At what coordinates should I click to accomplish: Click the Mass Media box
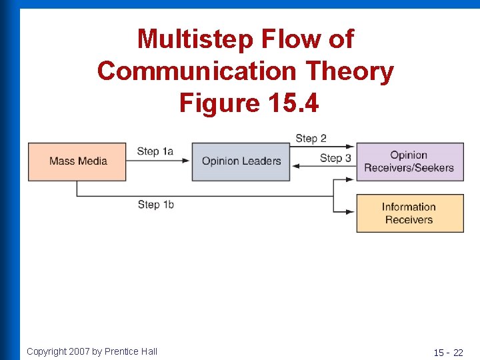click(x=77, y=161)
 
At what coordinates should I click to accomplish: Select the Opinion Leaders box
click(x=241, y=161)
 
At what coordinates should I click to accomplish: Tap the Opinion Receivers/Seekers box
click(x=409, y=161)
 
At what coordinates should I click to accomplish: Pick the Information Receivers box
click(x=409, y=213)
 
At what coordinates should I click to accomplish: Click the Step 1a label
click(x=155, y=151)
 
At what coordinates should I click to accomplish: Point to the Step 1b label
click(x=155, y=204)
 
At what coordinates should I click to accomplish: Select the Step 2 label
click(x=311, y=138)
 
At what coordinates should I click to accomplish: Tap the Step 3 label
click(x=335, y=158)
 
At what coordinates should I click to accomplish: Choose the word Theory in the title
click(x=354, y=71)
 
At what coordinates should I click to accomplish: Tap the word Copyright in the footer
click(x=46, y=351)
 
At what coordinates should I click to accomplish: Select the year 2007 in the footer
click(x=79, y=351)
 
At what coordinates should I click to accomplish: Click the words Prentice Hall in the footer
click(x=131, y=351)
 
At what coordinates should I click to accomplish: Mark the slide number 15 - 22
click(x=448, y=352)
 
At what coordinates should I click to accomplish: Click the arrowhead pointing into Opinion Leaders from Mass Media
click(x=187, y=161)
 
